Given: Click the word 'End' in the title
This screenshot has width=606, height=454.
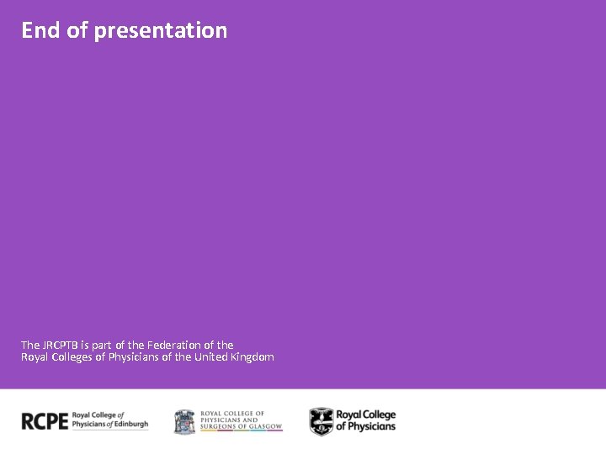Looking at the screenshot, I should [39, 30].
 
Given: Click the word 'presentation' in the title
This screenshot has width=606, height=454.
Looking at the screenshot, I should [161, 31].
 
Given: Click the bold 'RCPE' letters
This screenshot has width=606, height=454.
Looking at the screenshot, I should [45, 421].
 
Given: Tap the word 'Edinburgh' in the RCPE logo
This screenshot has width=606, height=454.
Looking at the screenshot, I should [131, 425].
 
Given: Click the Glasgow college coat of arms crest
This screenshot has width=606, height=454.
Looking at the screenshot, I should [184, 421].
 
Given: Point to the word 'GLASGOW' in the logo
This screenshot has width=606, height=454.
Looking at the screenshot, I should [263, 427].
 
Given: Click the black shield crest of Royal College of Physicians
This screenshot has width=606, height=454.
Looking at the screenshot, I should [321, 421].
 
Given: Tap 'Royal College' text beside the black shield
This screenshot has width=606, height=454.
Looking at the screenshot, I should [365, 415].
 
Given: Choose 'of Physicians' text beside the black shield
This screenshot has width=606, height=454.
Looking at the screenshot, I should [365, 427].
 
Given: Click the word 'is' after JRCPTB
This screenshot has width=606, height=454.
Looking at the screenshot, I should [85, 345].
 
